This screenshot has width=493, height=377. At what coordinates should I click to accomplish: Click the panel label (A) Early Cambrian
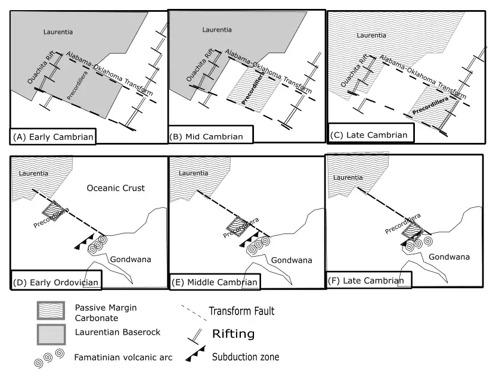pyautogui.click(x=53, y=137)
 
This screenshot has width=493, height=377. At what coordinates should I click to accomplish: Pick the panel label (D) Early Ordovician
pyautogui.click(x=55, y=282)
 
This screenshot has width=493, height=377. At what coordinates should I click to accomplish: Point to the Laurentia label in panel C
pyautogui.click(x=371, y=36)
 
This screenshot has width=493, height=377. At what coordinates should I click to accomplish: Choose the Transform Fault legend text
pyautogui.click(x=241, y=311)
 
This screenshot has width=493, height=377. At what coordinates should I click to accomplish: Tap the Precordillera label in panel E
pyautogui.click(x=241, y=227)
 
